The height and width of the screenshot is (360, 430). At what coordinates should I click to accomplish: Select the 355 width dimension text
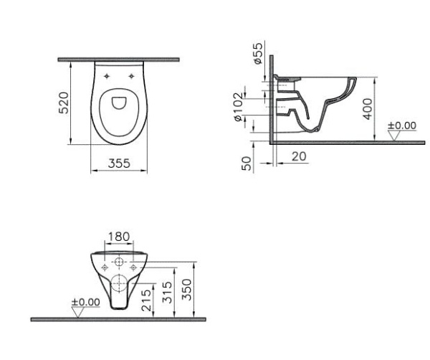click(x=119, y=164)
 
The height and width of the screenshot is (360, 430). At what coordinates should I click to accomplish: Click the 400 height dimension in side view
click(x=368, y=109)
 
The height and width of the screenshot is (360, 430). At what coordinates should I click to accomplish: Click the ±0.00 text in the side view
click(x=401, y=125)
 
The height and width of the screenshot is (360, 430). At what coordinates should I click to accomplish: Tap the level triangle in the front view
click(x=77, y=312)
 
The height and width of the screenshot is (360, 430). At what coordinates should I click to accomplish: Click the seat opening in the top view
click(x=119, y=105)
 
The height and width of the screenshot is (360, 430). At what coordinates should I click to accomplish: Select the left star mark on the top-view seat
click(x=106, y=75)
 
